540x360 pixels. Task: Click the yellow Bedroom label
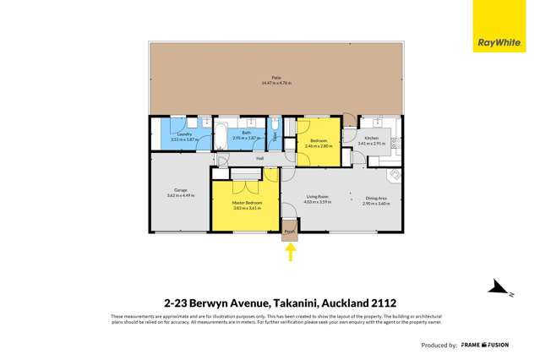coord(319,140)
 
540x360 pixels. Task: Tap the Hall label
coord(260,158)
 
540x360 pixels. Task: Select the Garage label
coord(181,190)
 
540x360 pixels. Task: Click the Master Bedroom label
coord(244,204)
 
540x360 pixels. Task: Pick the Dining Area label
coord(376,199)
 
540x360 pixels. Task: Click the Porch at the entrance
coord(289,231)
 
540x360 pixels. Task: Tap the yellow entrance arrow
coord(290,252)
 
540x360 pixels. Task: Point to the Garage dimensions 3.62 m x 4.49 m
coord(181,195)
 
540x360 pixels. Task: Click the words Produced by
coord(440,346)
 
